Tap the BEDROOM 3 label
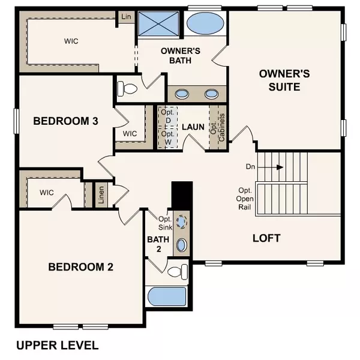(x=65, y=121)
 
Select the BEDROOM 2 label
(x=81, y=267)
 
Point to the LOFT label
(x=266, y=238)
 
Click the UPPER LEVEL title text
(x=57, y=346)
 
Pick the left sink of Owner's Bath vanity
(x=181, y=94)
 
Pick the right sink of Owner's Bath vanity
(x=211, y=94)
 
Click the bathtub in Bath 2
(x=166, y=297)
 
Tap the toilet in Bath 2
(x=175, y=272)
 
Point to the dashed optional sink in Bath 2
(x=182, y=220)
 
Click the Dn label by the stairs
(x=251, y=166)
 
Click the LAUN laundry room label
(x=194, y=127)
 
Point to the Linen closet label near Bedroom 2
(x=102, y=196)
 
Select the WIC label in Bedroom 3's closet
(x=130, y=133)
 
